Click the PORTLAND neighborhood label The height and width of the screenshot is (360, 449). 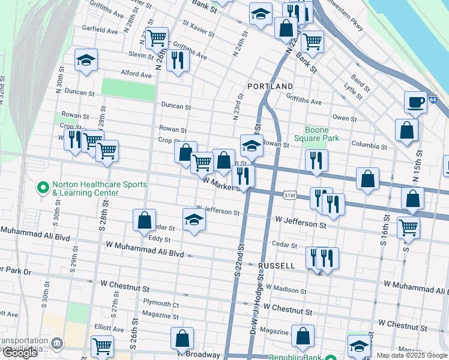pyautogui.click(x=270, y=86)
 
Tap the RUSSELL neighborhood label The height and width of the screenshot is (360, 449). pyautogui.click(x=276, y=265)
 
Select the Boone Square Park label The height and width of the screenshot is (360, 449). pyautogui.click(x=322, y=134)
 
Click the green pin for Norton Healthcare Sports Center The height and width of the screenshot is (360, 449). pyautogui.click(x=43, y=188)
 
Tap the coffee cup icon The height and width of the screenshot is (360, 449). pyautogui.click(x=415, y=102)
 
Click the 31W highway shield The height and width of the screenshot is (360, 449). pyautogui.click(x=290, y=195)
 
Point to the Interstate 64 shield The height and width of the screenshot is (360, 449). pyautogui.click(x=433, y=100)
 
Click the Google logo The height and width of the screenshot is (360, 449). pyautogui.click(x=20, y=353)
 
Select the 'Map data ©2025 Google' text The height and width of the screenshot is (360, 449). pyautogui.click(x=412, y=355)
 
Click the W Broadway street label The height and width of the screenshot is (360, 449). pyautogui.click(x=202, y=355)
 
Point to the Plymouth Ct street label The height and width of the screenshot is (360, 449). pyautogui.click(x=161, y=304)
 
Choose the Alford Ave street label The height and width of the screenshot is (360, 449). pyautogui.click(x=136, y=74)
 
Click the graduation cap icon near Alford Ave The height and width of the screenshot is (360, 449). pyautogui.click(x=86, y=60)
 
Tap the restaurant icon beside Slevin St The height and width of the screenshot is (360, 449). pyautogui.click(x=178, y=61)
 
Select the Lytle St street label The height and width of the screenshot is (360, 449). pyautogui.click(x=352, y=91)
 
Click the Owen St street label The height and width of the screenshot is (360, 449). pyautogui.click(x=345, y=118)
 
